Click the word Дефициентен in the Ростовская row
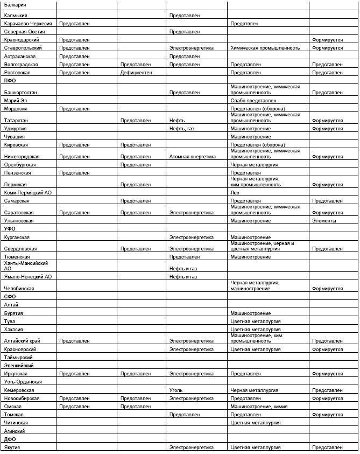(136, 72)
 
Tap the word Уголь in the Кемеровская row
(177, 389)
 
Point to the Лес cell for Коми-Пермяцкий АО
(235, 192)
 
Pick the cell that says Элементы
(324, 221)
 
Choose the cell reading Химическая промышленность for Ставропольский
(265, 48)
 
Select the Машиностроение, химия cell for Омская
(259, 406)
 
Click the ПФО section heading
(10, 80)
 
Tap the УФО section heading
(10, 229)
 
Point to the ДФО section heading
(10, 439)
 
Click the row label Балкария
(15, 5)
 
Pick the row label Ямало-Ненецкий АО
(27, 276)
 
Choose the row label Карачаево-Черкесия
(28, 24)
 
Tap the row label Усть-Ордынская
(23, 381)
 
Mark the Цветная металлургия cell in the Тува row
(256, 322)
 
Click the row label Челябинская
(19, 289)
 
